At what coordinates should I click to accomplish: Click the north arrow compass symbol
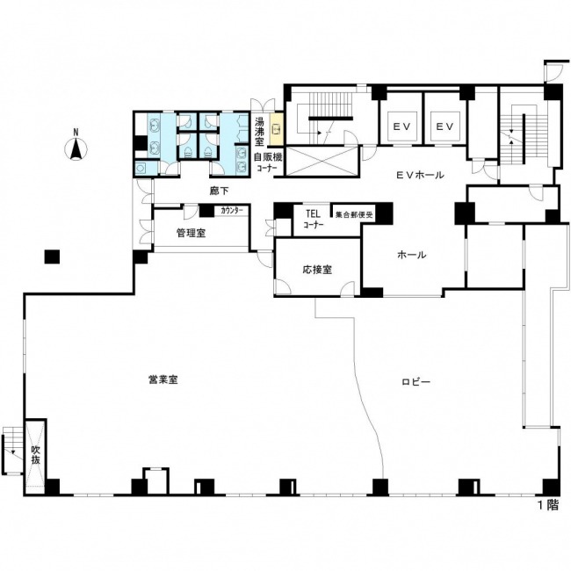coord(76,147)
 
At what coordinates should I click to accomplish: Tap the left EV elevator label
coord(402,126)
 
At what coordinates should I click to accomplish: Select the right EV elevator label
coord(445,126)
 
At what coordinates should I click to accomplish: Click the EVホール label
coord(420,175)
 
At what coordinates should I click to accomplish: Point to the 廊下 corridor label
coord(220,191)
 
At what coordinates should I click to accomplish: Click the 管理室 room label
coord(192,233)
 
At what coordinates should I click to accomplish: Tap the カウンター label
coord(232,211)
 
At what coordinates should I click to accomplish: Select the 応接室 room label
coord(317,270)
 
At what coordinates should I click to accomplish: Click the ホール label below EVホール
coord(411,255)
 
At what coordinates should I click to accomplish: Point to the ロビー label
coord(416,381)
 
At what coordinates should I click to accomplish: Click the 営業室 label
coord(163,379)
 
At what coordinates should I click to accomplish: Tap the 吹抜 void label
coord(35,454)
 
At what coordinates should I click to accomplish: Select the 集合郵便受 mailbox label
coord(354,215)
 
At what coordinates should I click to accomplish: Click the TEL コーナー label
coord(314,219)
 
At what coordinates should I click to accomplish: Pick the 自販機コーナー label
coord(268,163)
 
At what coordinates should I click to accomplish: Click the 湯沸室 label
coord(259,131)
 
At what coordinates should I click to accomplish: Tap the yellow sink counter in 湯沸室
coord(276,129)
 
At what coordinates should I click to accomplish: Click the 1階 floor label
coord(548,505)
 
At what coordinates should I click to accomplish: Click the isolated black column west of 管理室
coord(52,257)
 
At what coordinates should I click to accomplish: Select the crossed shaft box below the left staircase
coord(322,161)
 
